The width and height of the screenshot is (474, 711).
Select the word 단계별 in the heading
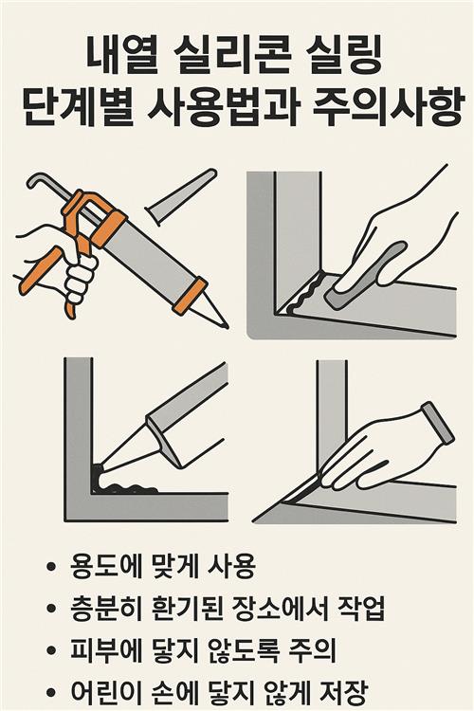78,107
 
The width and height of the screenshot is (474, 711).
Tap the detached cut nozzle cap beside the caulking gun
181,196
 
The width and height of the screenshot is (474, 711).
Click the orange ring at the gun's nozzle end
190,296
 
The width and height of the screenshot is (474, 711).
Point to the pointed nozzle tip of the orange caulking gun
226,325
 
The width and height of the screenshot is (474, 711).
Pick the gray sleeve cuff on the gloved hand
437,423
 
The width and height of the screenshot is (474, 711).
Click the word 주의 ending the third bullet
313,649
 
